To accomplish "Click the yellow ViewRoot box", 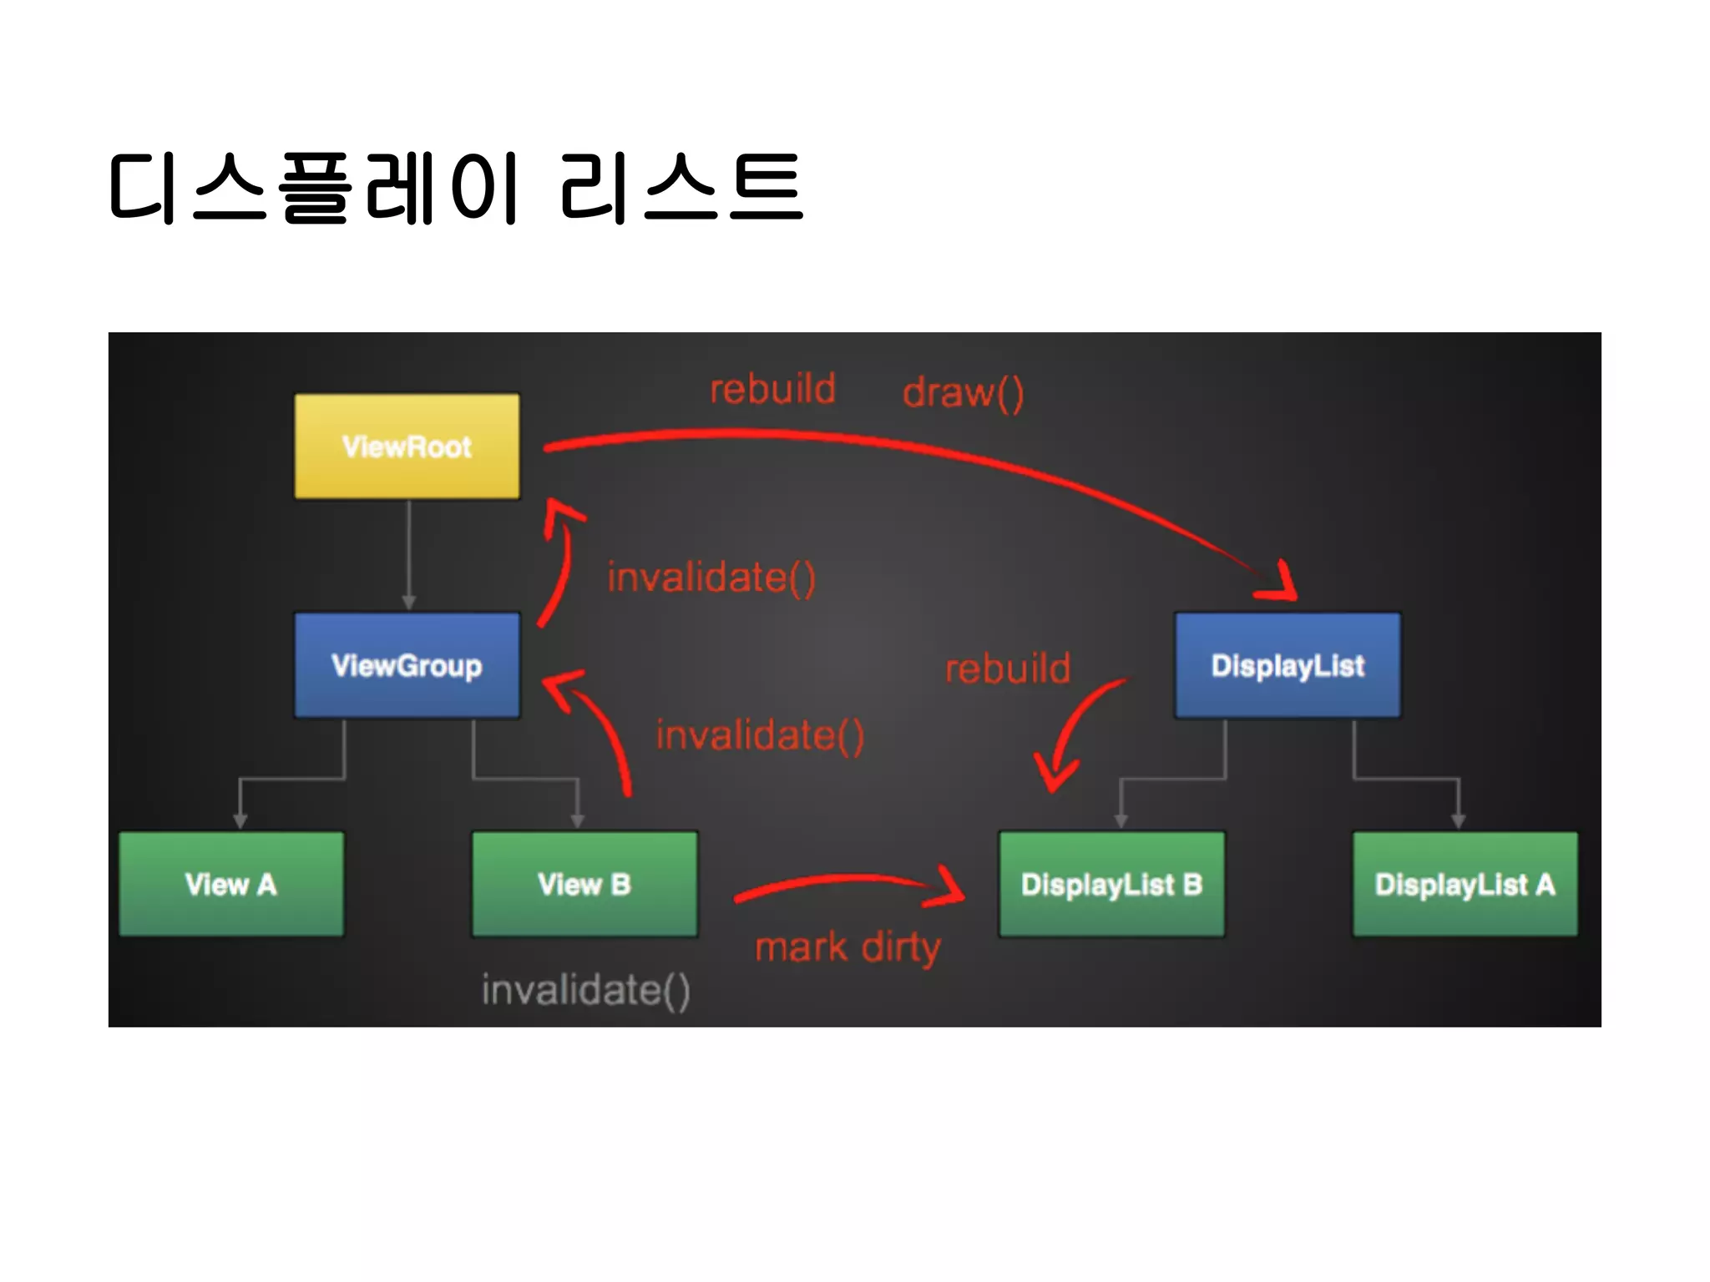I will tap(407, 447).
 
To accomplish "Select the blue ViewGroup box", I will tap(407, 665).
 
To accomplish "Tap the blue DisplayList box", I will tap(1288, 665).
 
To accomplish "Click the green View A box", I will tap(231, 884).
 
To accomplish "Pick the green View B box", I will tap(584, 884).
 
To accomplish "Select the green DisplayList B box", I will tap(1111, 884).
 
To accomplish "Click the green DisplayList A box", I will tap(1465, 884).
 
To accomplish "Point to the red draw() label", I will tap(963, 392).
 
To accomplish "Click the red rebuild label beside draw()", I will tap(772, 389).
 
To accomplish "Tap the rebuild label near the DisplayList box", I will tap(1008, 669).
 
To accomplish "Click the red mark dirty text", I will tap(847, 948).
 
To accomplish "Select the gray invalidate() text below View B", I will tap(585, 991).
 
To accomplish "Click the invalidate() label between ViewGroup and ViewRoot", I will tap(711, 578).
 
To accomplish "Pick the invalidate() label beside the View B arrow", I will tap(760, 735).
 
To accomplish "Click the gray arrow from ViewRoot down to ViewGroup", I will tap(408, 555).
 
